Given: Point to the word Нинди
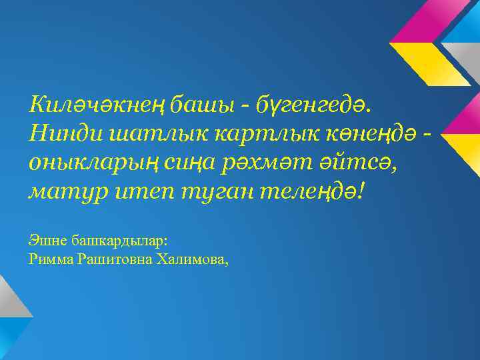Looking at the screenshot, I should point(62,133).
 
